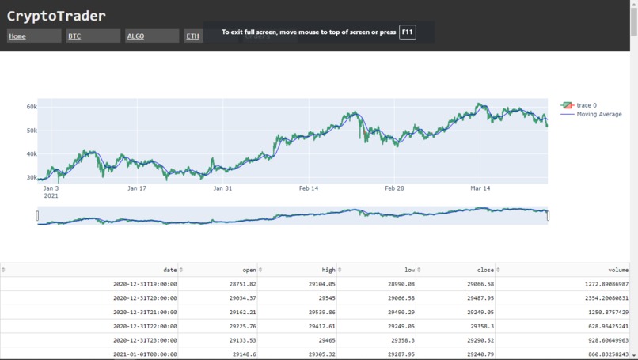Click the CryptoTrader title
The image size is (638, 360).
pyautogui.click(x=56, y=16)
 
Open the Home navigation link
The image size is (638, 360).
pyautogui.click(x=17, y=36)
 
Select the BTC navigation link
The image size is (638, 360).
pyautogui.click(x=74, y=36)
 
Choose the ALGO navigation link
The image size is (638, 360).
pyautogui.click(x=135, y=36)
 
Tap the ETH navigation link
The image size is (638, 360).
pyautogui.click(x=192, y=36)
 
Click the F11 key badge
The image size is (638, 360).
pyautogui.click(x=407, y=32)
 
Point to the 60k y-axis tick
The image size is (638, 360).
pyautogui.click(x=32, y=106)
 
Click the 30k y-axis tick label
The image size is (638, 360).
pyautogui.click(x=32, y=178)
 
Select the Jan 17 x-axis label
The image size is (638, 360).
pyautogui.click(x=137, y=188)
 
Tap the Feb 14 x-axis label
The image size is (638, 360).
pyautogui.click(x=309, y=188)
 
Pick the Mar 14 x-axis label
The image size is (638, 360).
pyautogui.click(x=480, y=188)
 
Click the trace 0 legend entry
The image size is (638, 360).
pyautogui.click(x=587, y=105)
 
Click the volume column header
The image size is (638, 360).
pyautogui.click(x=617, y=270)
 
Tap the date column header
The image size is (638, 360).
pyautogui.click(x=169, y=270)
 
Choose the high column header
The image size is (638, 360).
pyautogui.click(x=328, y=270)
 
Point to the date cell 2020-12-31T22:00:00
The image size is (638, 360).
pyautogui.click(x=145, y=325)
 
